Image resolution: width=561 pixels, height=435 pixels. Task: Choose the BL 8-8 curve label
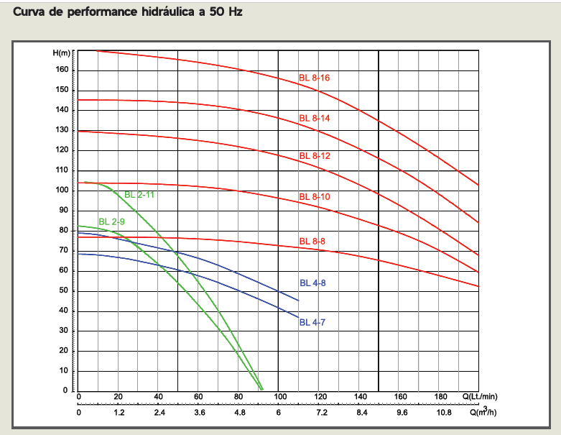312,241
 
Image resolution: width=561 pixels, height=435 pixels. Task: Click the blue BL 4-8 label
312,283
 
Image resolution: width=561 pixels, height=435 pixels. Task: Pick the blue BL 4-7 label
312,322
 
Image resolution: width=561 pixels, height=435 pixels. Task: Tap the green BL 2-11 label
139,195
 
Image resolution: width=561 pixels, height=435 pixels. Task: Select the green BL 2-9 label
111,221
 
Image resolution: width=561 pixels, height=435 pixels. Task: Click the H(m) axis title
62,53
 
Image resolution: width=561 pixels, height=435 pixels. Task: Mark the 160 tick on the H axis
62,70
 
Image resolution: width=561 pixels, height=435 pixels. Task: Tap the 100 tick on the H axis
62,190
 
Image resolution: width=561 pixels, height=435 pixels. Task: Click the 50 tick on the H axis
64,290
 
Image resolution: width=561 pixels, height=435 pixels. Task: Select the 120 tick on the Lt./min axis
320,396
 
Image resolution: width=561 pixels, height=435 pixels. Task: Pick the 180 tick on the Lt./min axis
441,396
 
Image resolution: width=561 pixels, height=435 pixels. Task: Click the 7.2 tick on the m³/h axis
320,413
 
